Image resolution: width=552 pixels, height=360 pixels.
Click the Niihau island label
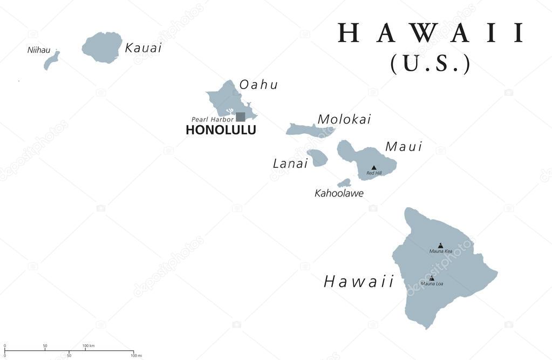(38, 50)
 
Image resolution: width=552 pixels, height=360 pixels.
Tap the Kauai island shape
(103, 47)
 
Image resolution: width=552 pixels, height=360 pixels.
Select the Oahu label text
(258, 85)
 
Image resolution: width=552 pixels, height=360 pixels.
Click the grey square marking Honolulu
(240, 117)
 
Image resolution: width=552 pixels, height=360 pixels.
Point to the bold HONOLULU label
(221, 130)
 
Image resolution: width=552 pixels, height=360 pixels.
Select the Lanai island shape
(317, 158)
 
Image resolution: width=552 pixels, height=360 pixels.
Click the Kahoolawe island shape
(344, 183)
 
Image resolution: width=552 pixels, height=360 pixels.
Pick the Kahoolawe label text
(339, 193)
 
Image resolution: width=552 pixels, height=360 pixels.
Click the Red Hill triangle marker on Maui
(373, 168)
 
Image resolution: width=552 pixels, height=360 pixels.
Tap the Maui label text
(403, 146)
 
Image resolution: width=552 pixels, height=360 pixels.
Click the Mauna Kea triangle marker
(440, 245)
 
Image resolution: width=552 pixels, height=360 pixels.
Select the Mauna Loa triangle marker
(431, 278)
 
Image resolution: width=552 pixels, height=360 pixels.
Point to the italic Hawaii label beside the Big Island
(359, 282)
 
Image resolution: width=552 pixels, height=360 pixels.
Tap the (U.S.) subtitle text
(431, 63)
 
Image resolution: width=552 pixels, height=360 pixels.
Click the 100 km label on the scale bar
(89, 345)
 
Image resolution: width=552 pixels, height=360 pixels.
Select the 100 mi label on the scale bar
(137, 356)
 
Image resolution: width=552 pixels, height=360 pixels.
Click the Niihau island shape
(51, 60)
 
